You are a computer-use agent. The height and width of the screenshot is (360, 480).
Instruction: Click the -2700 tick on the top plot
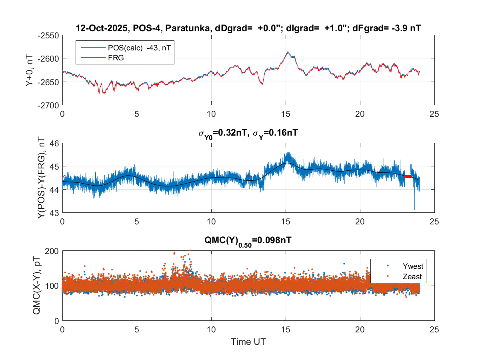[x=48, y=105]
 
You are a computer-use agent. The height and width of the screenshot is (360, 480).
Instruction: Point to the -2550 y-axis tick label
[x=48, y=35]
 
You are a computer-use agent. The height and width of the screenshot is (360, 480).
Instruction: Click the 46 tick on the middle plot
[x=54, y=143]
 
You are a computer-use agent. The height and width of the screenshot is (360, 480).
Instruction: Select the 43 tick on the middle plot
[x=54, y=213]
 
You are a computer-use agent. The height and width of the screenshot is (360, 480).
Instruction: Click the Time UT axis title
[x=248, y=342]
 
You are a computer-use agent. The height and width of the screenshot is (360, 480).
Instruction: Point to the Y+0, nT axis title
[x=30, y=70]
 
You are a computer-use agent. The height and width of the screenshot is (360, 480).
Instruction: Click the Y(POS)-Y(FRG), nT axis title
[x=41, y=178]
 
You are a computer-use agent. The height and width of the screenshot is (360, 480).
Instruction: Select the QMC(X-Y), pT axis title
[x=37, y=286]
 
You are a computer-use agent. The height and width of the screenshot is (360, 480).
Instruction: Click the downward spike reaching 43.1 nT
[x=414, y=209]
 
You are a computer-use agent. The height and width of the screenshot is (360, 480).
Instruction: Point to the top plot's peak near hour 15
[x=287, y=52]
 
